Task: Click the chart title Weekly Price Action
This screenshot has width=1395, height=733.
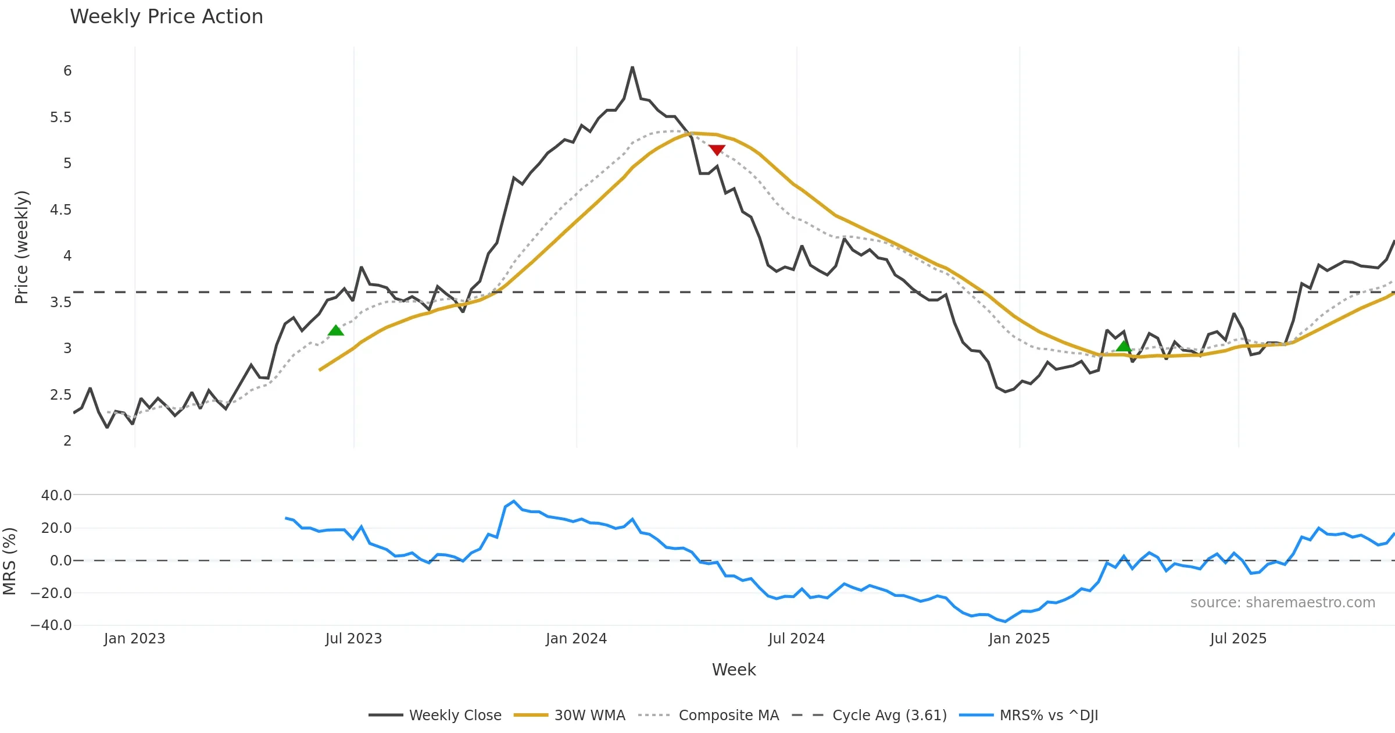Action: (166, 17)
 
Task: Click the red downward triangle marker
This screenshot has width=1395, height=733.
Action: (717, 150)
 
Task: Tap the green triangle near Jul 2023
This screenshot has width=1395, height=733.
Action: (336, 330)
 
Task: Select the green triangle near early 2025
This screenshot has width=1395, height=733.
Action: (1124, 346)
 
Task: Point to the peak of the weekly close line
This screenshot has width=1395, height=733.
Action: (632, 67)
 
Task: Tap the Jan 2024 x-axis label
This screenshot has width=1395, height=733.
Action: (576, 639)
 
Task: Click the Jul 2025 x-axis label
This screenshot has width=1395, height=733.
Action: (1238, 639)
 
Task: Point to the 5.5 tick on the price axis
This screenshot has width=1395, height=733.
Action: (61, 118)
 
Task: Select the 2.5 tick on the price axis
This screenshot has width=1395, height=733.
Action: (61, 395)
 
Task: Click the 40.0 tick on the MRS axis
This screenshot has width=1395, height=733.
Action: (56, 496)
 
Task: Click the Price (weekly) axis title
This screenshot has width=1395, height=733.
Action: (22, 247)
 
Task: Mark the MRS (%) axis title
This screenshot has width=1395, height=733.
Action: (10, 561)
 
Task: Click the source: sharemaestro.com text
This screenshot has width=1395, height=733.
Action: (1282, 603)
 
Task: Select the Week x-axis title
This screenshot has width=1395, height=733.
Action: (734, 670)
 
